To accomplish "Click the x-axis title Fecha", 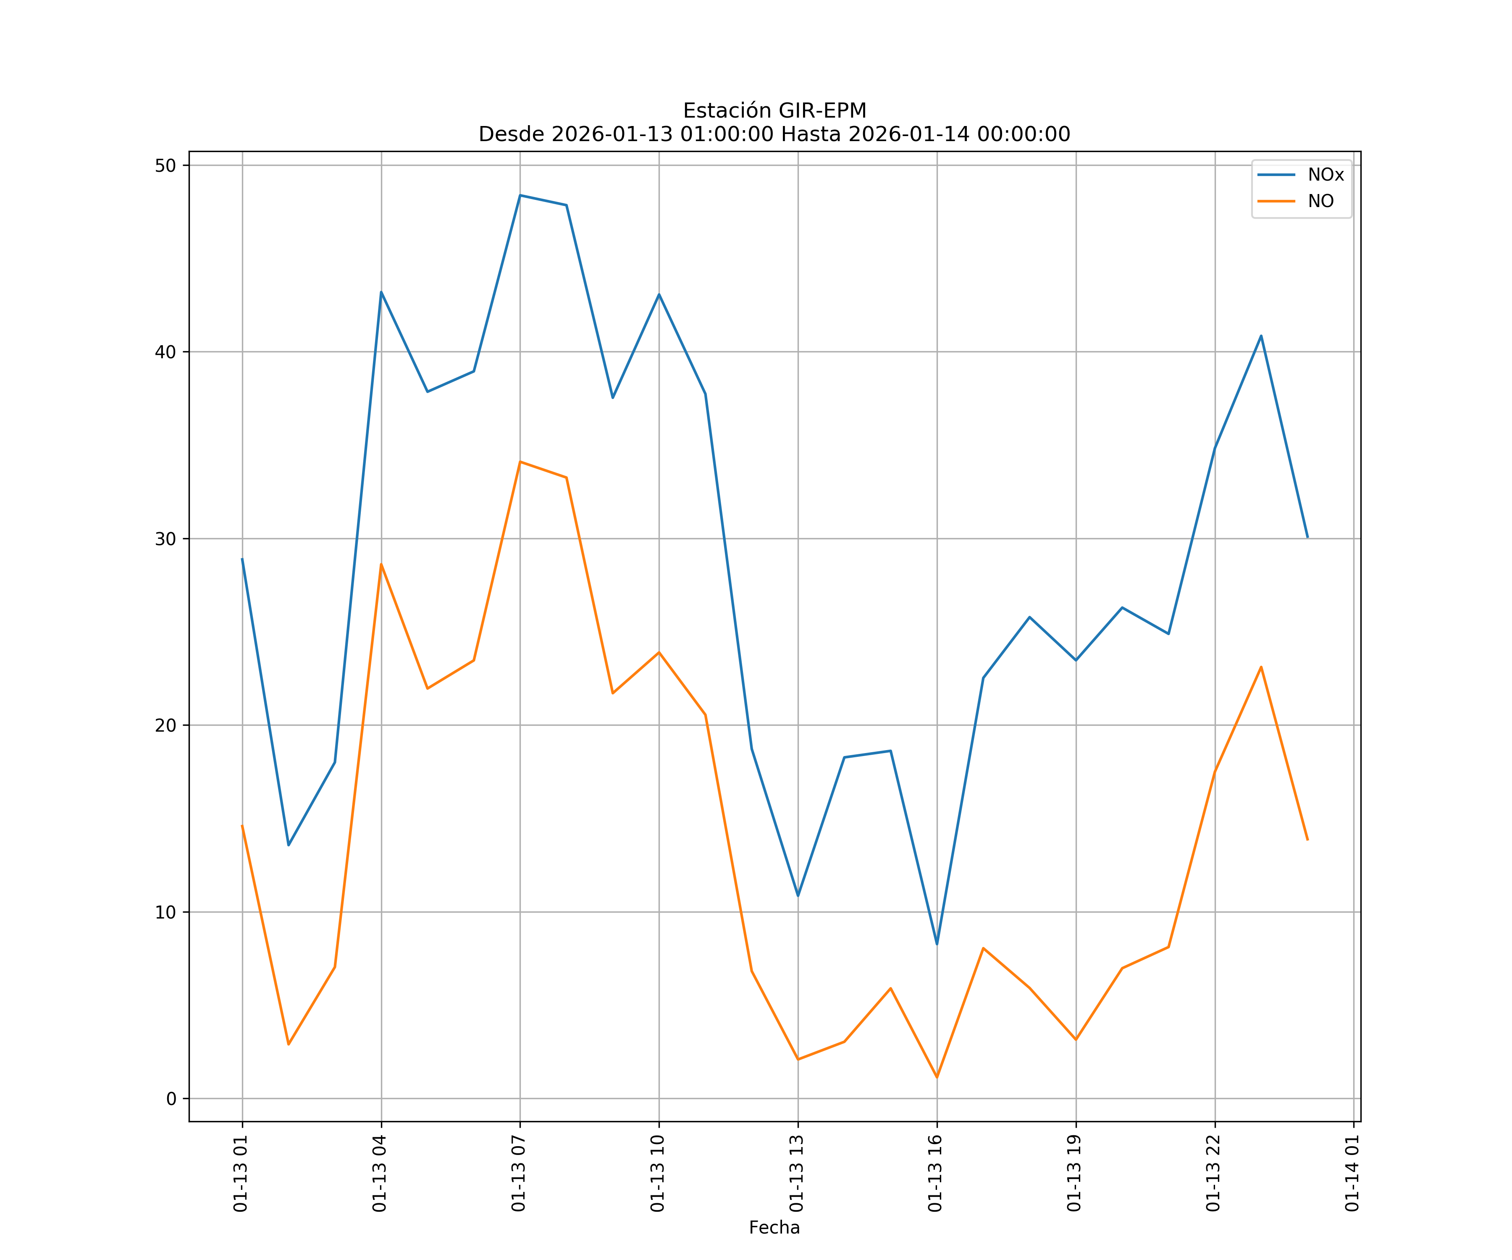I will coord(774,1228).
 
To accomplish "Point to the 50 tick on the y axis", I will coord(165,165).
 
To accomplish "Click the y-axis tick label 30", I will coord(165,538).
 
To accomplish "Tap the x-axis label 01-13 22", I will coord(1214,1173).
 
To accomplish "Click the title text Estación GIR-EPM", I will coord(774,111).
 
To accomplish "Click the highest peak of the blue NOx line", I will coord(520,195).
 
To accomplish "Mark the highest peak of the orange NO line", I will coord(520,462).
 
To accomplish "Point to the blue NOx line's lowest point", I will coord(937,944).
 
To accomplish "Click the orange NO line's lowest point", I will coord(937,1077).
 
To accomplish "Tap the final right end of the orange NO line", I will coord(1307,840).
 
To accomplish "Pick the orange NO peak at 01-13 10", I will coord(659,652).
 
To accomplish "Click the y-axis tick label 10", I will coord(165,912).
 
